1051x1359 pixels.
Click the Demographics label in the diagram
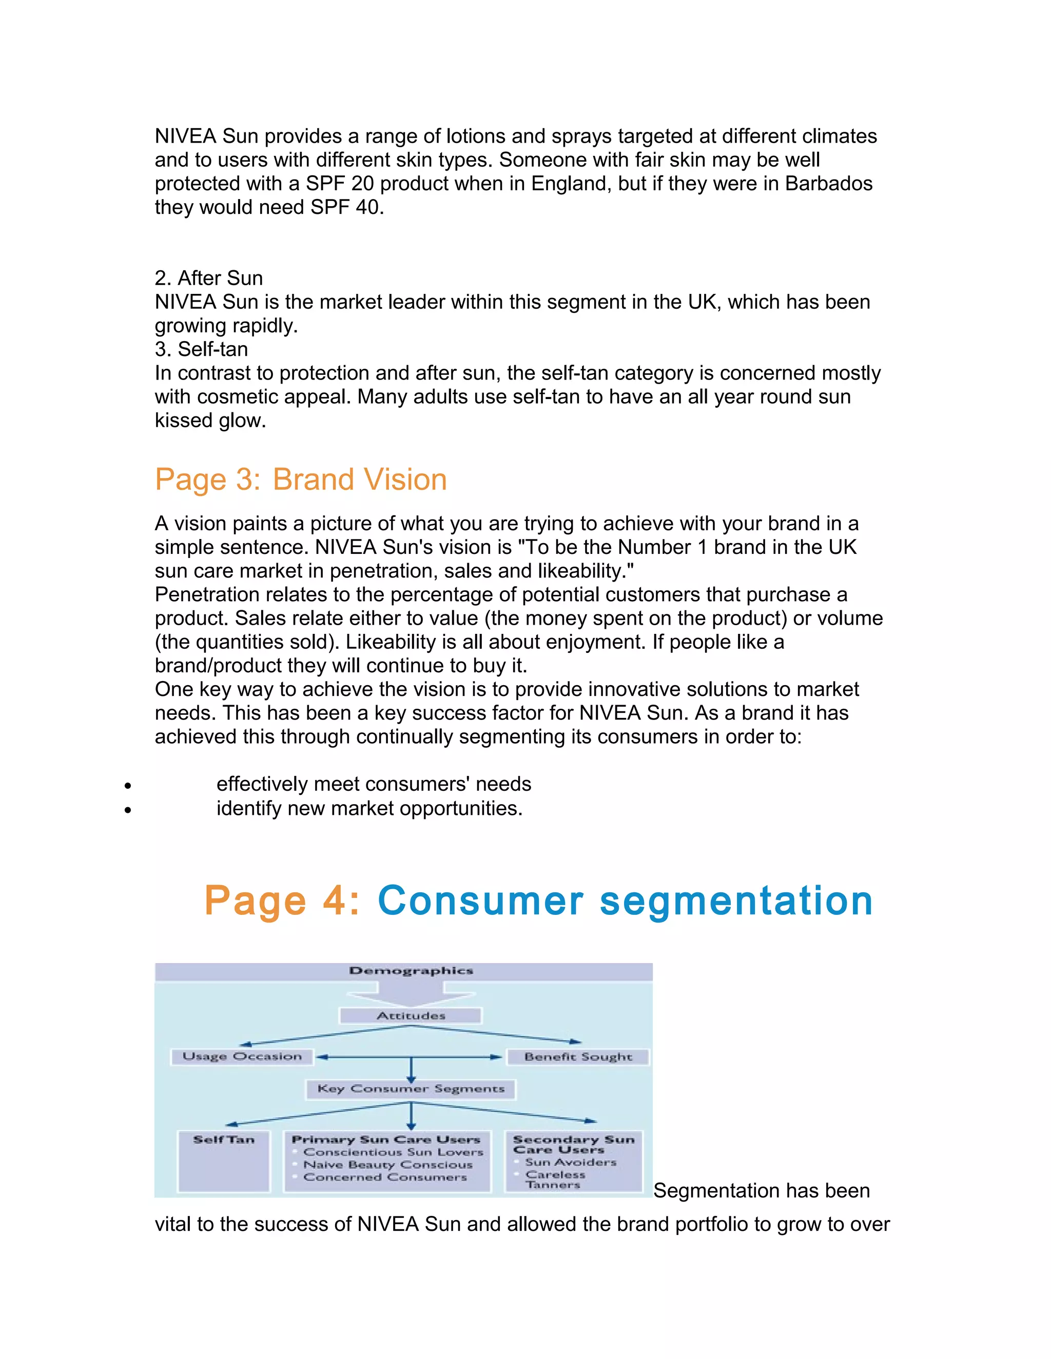point(411,971)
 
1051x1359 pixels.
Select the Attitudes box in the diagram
point(411,1015)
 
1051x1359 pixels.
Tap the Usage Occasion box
point(242,1056)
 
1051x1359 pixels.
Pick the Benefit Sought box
point(578,1056)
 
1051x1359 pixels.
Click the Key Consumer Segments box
point(411,1089)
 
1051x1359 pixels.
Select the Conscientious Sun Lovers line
point(393,1152)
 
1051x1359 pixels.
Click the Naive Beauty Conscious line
point(387,1165)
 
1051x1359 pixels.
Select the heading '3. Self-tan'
point(201,349)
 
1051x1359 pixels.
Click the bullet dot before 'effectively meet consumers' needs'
point(128,786)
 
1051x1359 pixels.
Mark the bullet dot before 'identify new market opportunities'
point(128,810)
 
